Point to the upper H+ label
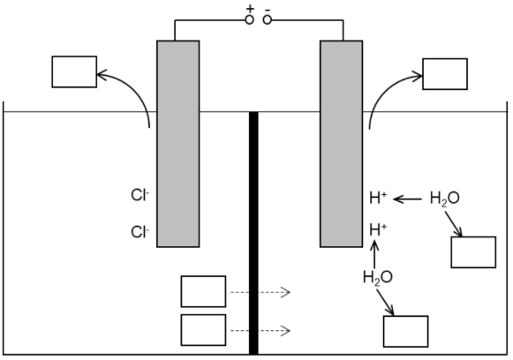coord(378,199)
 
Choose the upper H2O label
coord(444,199)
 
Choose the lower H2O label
coord(378,277)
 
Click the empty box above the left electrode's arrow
coord(74,71)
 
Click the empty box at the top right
coord(445,74)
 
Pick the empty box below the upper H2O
coord(473,251)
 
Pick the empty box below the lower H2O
coord(405,331)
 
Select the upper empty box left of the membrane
coord(203,291)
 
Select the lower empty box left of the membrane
coord(203,330)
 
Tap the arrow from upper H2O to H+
coord(407,199)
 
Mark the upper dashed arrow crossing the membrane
coord(260,292)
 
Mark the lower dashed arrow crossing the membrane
coord(260,331)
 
